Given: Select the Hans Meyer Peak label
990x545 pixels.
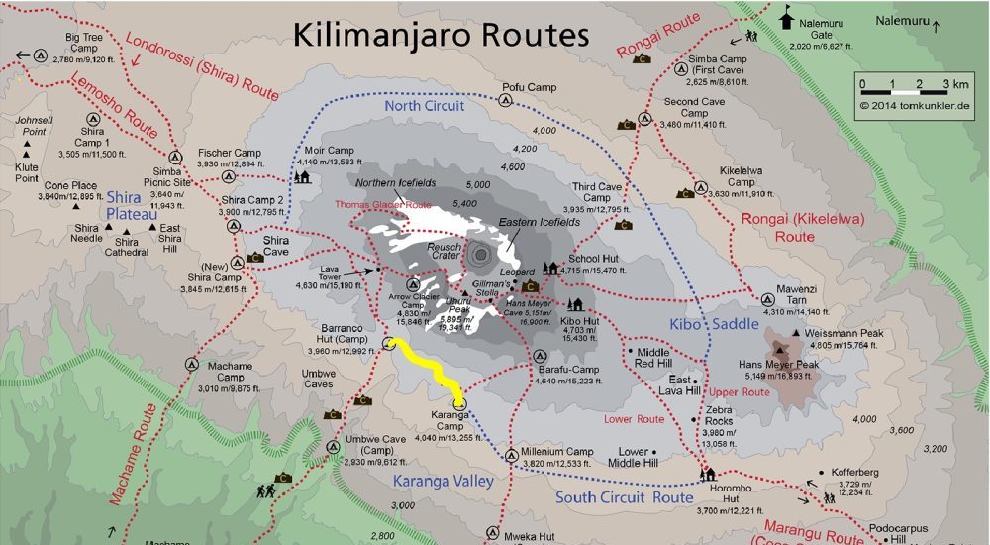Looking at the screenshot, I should [778, 365].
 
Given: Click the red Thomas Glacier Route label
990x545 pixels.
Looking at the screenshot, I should [383, 205].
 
